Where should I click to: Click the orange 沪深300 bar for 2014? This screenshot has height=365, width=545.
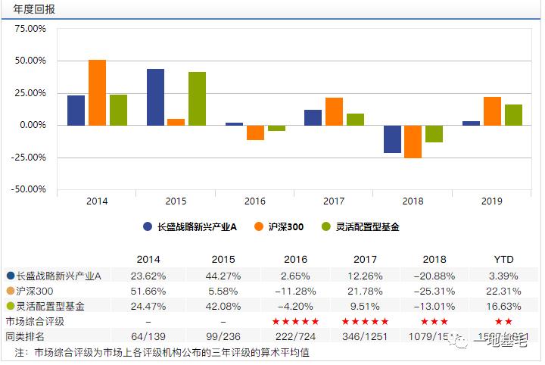click(97, 92)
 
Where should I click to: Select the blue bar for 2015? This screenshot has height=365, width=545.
click(155, 97)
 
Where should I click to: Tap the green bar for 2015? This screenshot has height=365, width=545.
click(197, 98)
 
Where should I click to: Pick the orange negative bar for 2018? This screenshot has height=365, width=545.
click(413, 142)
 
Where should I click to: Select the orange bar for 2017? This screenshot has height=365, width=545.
click(334, 111)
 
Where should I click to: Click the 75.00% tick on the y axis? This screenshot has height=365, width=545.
click(30, 28)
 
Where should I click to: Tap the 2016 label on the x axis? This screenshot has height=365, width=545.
click(254, 201)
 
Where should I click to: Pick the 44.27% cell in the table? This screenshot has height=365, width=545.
click(223, 276)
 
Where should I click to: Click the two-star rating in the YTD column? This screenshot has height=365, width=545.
click(503, 321)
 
